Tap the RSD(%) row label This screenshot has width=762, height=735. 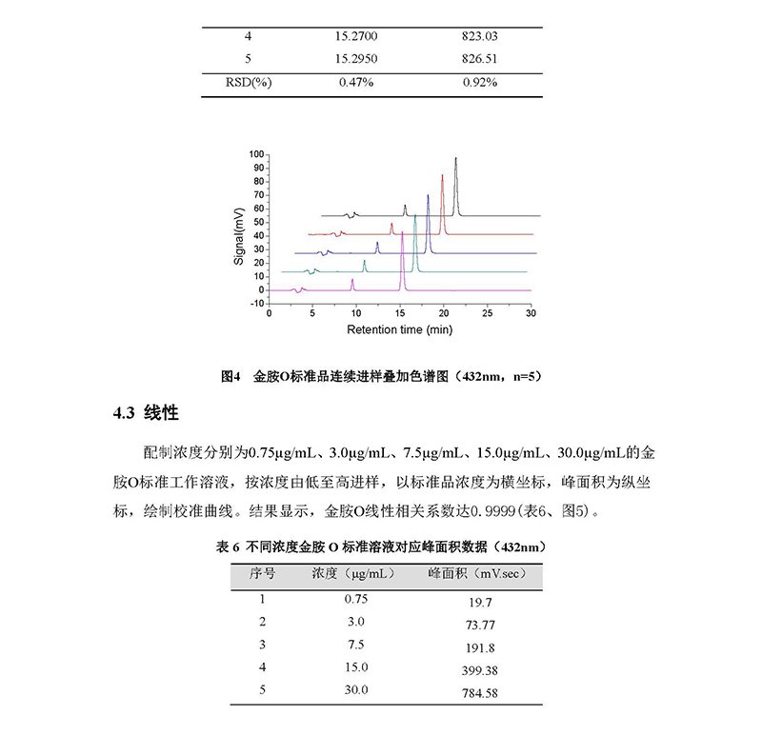(248, 82)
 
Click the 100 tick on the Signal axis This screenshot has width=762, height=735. (255, 152)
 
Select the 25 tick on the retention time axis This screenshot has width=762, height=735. (487, 312)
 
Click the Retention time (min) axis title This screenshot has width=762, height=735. (399, 329)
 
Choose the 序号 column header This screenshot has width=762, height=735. (263, 575)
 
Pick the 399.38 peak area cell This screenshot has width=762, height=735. (474, 670)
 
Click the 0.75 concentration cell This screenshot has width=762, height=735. (355, 599)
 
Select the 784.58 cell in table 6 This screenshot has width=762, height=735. (474, 693)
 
